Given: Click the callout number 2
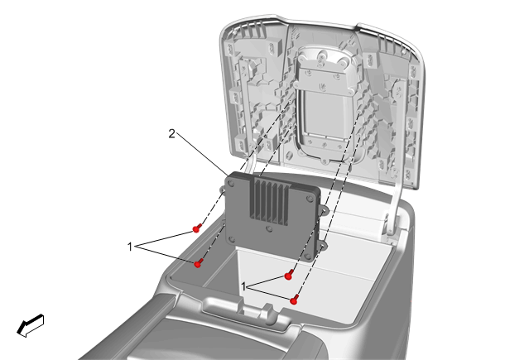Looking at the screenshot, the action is pyautogui.click(x=171, y=134).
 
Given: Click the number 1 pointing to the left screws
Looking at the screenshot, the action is pyautogui.click(x=130, y=247).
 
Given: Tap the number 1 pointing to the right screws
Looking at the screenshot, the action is pyautogui.click(x=244, y=287).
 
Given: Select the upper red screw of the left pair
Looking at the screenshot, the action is pyautogui.click(x=197, y=228).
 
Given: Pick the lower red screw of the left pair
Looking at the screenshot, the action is pyautogui.click(x=199, y=263).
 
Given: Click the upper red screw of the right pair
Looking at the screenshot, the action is pyautogui.click(x=288, y=275).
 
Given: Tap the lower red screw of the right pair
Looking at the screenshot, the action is pyautogui.click(x=295, y=300).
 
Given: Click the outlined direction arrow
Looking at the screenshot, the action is pyautogui.click(x=31, y=325).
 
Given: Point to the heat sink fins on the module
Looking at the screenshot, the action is pyautogui.click(x=270, y=200).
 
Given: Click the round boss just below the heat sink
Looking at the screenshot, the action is pyautogui.click(x=269, y=228).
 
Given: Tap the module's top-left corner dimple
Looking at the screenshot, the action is pyautogui.click(x=231, y=184).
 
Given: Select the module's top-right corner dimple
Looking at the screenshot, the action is pyautogui.click(x=310, y=199).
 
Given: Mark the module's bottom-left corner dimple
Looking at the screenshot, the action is pyautogui.click(x=232, y=239).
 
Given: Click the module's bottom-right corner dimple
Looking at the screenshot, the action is pyautogui.click(x=308, y=256).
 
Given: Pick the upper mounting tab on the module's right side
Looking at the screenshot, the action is pyautogui.click(x=323, y=211).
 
